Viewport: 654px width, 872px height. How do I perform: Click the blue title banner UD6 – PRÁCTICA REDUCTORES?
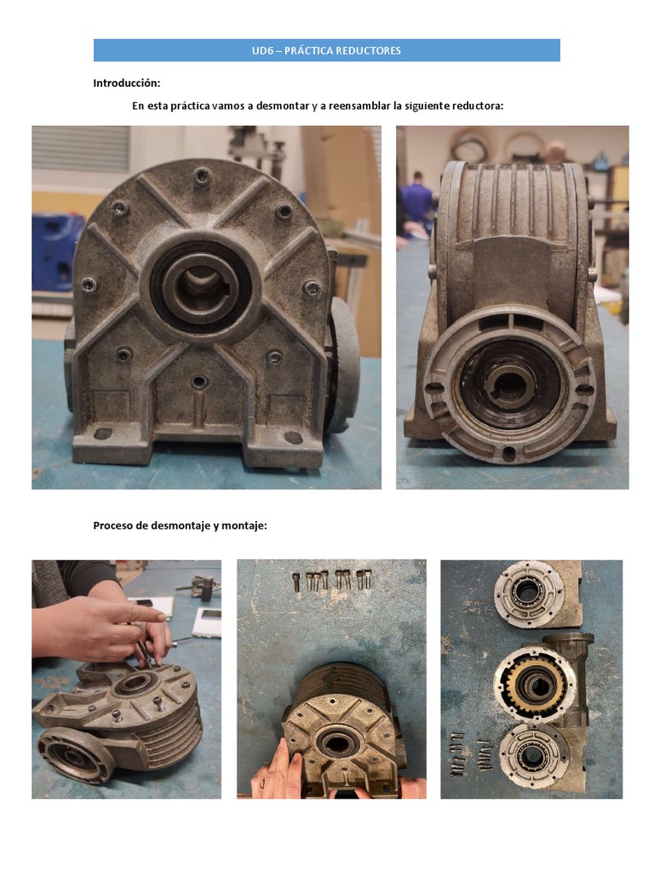[326, 50]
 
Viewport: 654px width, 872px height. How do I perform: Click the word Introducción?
[126, 83]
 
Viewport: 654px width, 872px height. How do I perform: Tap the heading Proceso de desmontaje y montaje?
[180, 525]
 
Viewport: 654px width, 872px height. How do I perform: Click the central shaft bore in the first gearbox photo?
[200, 286]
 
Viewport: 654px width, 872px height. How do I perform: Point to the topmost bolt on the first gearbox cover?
[202, 176]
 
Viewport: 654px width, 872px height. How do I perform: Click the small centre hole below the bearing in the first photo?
[198, 382]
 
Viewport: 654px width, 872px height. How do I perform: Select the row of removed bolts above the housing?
[333, 580]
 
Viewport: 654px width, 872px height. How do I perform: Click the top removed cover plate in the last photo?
[529, 594]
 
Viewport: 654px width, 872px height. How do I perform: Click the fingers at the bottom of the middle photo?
[281, 770]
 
